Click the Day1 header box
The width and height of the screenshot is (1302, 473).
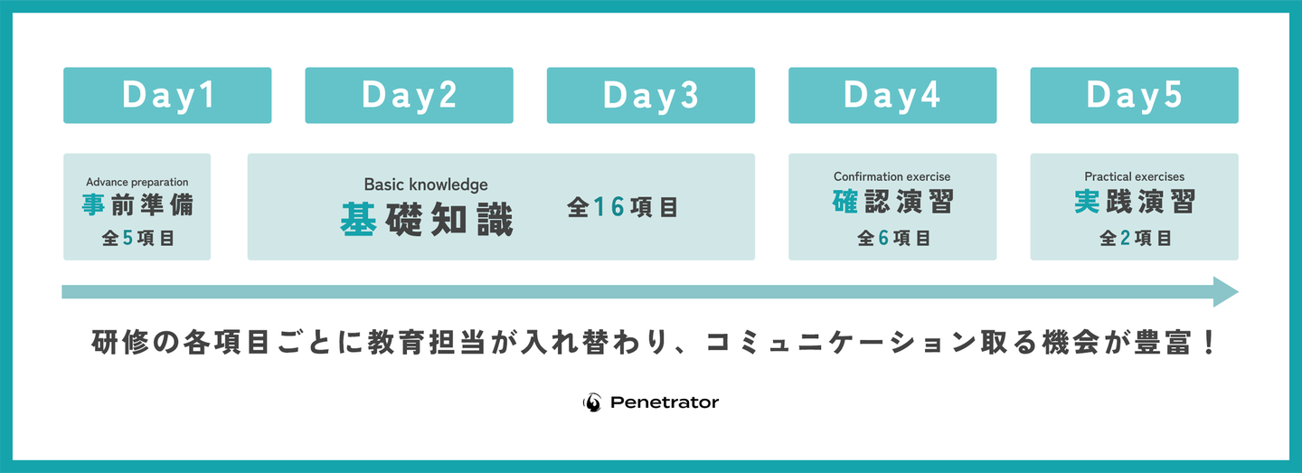tap(167, 95)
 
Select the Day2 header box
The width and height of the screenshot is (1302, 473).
tap(410, 95)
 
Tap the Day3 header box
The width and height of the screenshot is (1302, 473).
tap(651, 95)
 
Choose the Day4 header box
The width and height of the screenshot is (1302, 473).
tap(892, 95)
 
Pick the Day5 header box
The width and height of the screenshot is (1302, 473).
tap(1135, 95)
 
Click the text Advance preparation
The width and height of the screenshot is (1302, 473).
tap(137, 183)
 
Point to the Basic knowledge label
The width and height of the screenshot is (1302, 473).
tap(426, 184)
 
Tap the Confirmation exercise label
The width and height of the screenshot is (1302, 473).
tap(892, 176)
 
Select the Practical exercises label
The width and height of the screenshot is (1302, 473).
tap(1135, 176)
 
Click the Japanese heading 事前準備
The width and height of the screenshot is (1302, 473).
tap(137, 205)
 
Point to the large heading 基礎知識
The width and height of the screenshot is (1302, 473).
tap(427, 220)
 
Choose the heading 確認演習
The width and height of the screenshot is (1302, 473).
tap(892, 202)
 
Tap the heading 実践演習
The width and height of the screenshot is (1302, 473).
tap(1135, 202)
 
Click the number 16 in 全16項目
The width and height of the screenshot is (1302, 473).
tap(609, 207)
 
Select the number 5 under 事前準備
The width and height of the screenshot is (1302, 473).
tap(127, 238)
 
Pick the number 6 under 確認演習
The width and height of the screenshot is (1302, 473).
tap(883, 238)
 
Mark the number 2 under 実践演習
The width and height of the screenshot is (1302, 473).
tap(1125, 238)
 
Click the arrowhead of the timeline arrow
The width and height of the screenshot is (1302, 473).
tap(1225, 292)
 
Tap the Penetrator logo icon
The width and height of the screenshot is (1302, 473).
tap(592, 402)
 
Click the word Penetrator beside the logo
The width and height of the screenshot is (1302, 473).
tap(665, 402)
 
